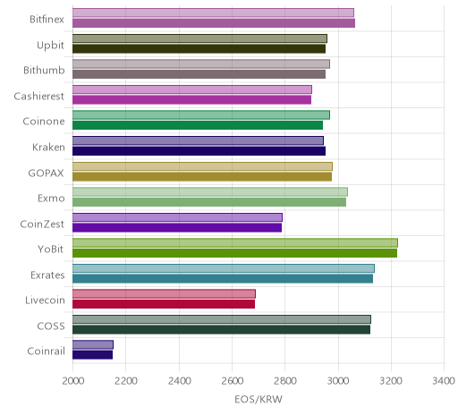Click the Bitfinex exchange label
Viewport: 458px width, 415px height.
47,20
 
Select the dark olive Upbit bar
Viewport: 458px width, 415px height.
199,49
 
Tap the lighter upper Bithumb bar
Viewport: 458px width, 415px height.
201,64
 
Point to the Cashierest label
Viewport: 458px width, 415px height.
39,96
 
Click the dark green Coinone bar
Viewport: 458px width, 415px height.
198,125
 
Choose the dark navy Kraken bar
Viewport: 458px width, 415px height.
199,151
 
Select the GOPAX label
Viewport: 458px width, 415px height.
46,173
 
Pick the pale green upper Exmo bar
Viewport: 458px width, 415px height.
210,191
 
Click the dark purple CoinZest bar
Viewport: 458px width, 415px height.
177,227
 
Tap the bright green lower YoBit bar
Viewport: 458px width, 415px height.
234,253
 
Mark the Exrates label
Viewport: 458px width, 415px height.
47,275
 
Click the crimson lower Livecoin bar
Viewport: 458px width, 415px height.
164,304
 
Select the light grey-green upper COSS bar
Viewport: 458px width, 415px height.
222,319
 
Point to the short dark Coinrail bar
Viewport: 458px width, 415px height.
92,355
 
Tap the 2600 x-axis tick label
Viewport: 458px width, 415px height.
233,381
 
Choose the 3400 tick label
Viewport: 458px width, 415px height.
444,381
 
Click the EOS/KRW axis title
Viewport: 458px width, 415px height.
259,399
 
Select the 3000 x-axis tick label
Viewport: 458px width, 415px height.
338,381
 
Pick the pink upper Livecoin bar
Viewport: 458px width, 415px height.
164,294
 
